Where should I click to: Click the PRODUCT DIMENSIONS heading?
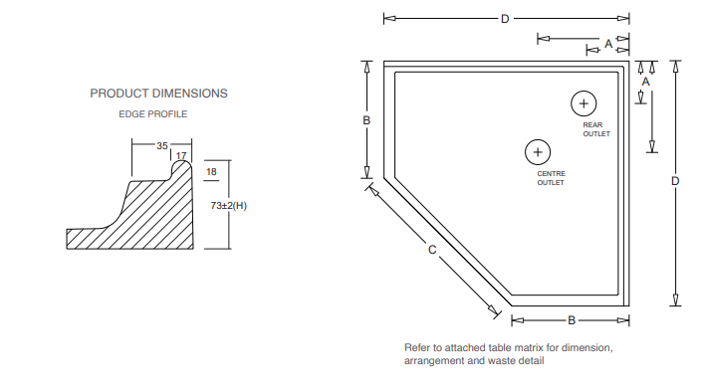(158, 94)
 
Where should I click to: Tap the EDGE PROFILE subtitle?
(152, 114)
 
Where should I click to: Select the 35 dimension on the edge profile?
(162, 146)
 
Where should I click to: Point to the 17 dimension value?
(181, 155)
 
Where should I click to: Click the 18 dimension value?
(211, 172)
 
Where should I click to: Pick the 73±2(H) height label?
(229, 206)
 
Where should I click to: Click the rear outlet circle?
(584, 92)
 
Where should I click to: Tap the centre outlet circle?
(538, 139)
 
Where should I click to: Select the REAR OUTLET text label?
(596, 129)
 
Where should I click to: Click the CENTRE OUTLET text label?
(551, 178)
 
